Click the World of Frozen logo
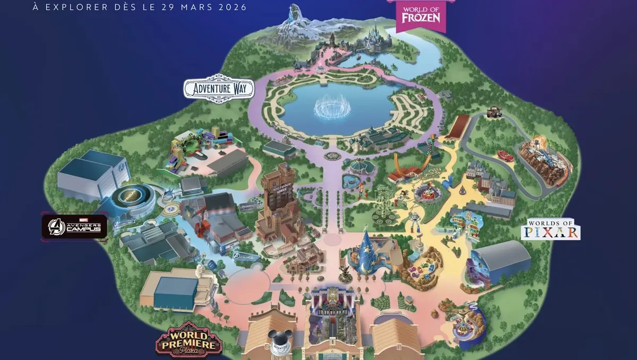421,14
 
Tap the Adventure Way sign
219,88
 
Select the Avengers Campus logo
75,227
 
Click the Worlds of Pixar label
550,229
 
